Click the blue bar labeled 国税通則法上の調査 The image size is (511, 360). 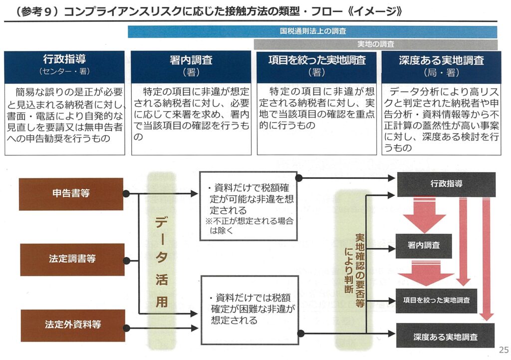312,31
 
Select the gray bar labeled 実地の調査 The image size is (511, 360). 375,44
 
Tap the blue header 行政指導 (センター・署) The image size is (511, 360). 64,66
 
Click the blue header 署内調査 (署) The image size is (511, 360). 191,66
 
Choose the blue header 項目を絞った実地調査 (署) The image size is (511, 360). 317,66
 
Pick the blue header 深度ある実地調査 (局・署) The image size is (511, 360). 441,66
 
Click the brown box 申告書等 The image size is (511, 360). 71,194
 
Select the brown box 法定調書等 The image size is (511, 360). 72,260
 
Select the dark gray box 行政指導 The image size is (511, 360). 446,184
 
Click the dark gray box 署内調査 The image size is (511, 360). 424,246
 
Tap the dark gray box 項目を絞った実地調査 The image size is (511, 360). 436,301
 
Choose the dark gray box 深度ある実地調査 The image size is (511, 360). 445,336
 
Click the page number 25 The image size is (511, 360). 504,350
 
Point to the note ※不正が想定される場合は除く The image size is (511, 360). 250,226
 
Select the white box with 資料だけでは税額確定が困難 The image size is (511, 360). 250,310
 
